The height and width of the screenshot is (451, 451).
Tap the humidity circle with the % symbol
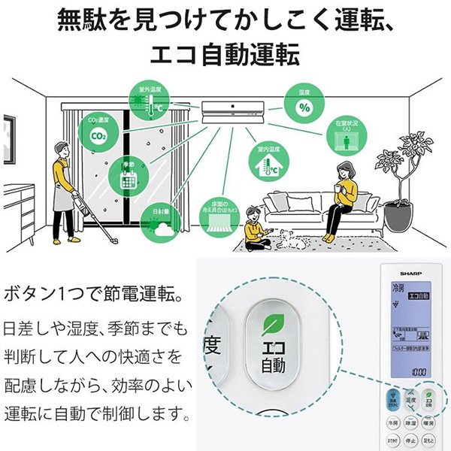(x=304, y=107)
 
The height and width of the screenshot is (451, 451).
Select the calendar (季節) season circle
(x=125, y=175)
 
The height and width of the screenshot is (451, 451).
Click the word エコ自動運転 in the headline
(x=225, y=55)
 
